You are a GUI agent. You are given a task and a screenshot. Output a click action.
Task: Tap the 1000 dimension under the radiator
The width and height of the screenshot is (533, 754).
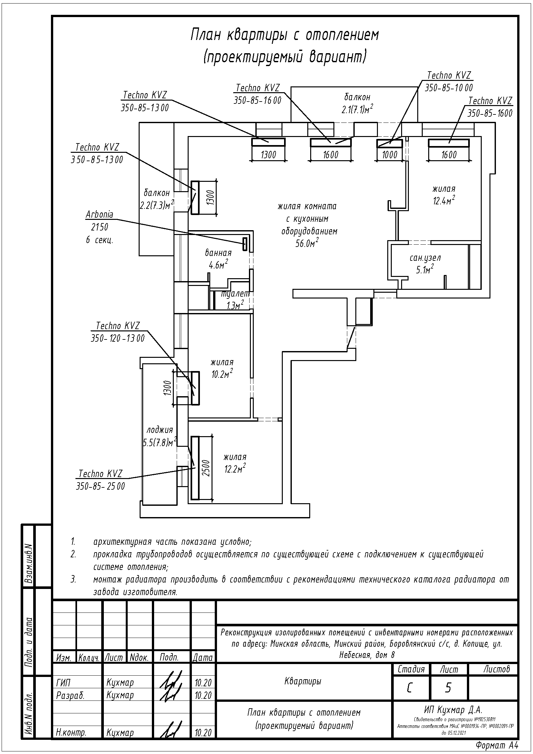point(390,155)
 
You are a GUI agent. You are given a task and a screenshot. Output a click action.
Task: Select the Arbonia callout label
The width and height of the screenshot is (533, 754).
point(100,215)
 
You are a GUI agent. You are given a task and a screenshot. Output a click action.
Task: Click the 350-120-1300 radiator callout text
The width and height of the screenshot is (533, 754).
point(118,338)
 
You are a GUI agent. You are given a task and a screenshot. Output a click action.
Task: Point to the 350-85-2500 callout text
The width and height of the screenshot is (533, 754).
point(101,486)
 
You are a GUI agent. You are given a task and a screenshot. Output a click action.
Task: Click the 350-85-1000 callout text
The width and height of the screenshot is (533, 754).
point(449,88)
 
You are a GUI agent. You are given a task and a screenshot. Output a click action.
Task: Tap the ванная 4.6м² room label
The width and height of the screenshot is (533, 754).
point(218,259)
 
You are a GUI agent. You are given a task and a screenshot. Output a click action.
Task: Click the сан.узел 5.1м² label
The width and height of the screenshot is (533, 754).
point(425,263)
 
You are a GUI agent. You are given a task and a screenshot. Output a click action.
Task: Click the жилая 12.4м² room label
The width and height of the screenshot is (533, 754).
point(444,195)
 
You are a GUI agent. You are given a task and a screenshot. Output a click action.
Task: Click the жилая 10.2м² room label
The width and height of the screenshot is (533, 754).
point(222,368)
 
